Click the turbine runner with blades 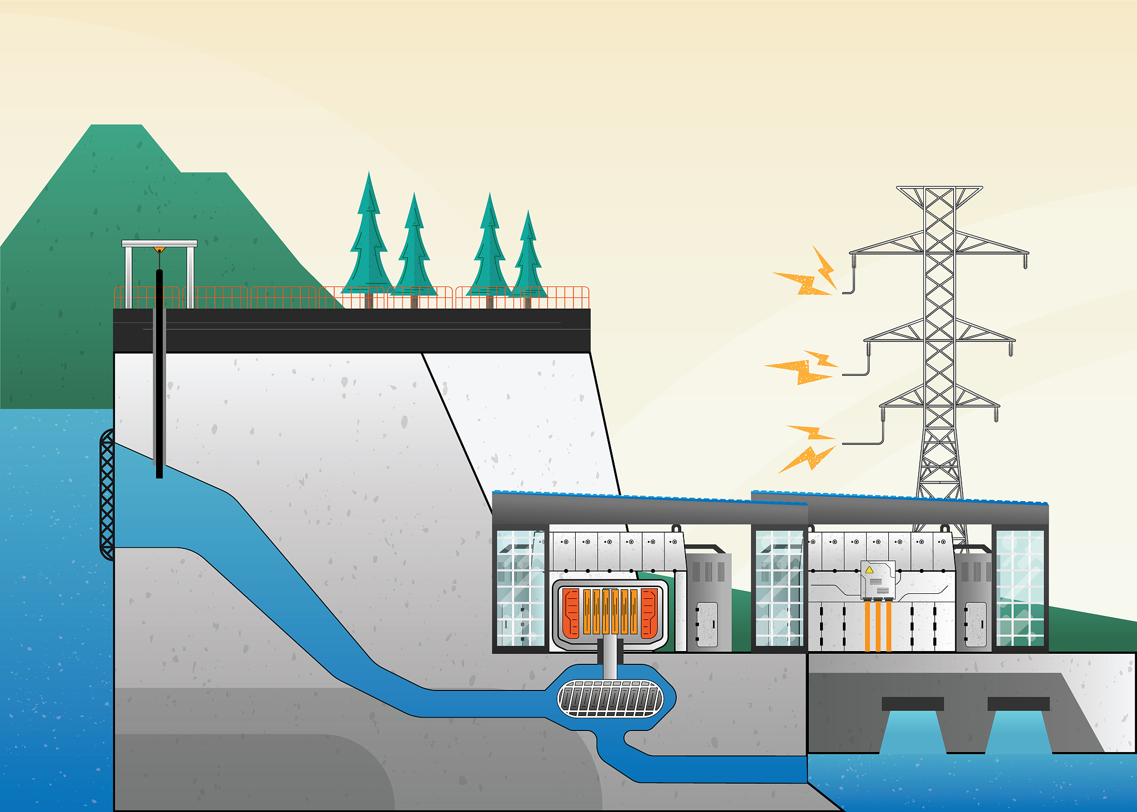coord(610,699)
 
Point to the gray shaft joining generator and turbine coord(610,658)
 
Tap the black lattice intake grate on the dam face coord(107,494)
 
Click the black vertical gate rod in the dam coord(159,372)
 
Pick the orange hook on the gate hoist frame coord(159,250)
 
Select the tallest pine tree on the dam coord(368,239)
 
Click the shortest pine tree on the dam coord(528,255)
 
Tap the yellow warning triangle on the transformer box coord(869,570)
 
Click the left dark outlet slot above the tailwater coord(913,703)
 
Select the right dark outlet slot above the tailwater coord(1018,703)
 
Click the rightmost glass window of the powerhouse coord(1020,588)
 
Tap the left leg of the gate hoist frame coord(129,276)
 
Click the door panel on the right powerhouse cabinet coord(975,624)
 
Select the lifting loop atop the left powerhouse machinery coord(676,528)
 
